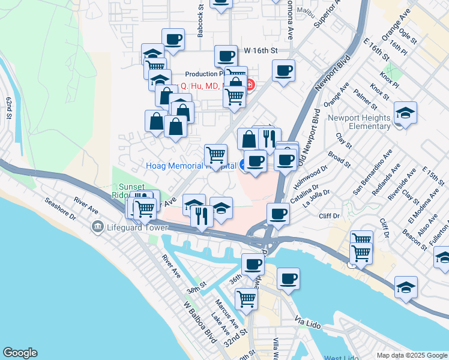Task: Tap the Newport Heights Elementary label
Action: pos(360,122)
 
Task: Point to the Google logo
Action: pos(20,353)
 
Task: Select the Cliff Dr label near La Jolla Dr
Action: pos(330,215)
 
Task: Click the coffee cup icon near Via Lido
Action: pos(289,278)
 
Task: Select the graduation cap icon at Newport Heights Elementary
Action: pos(405,112)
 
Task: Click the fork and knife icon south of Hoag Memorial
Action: pos(202,215)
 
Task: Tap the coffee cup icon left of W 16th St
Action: pos(225,56)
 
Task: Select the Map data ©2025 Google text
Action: pos(411,355)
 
